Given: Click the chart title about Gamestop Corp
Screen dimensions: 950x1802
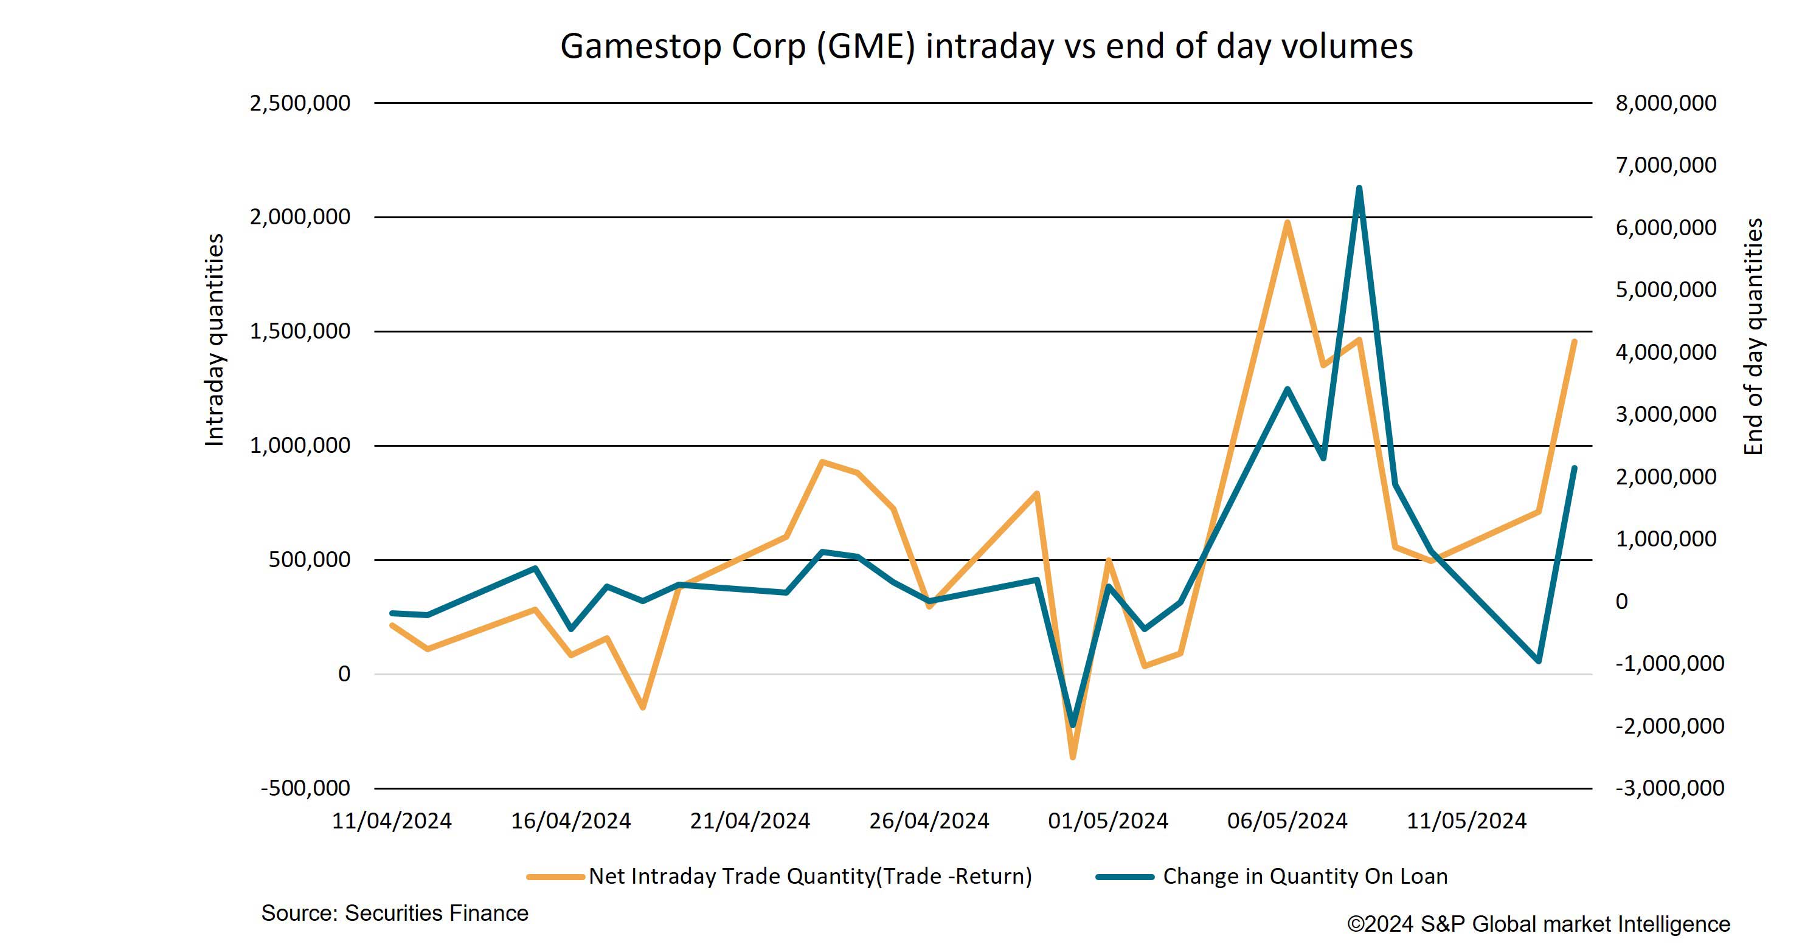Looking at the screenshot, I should (986, 46).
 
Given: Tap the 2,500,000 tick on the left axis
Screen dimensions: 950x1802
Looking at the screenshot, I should (300, 103).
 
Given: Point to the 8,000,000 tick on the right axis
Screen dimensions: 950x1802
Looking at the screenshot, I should (1666, 103).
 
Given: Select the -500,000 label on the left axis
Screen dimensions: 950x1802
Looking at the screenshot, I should (305, 788).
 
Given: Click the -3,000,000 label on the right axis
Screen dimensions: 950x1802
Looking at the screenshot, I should (1669, 788).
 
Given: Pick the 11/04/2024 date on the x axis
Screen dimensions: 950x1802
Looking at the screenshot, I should (392, 821).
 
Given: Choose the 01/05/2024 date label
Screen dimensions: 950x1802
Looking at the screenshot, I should (1108, 821).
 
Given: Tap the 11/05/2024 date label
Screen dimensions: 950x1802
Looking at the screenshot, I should (1466, 821).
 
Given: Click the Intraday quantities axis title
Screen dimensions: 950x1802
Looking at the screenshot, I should (214, 340).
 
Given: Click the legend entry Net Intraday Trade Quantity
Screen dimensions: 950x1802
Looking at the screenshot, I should (809, 876).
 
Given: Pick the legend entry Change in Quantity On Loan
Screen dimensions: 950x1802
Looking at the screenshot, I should (1305, 876).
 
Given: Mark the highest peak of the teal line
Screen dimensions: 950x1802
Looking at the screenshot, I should (1359, 188).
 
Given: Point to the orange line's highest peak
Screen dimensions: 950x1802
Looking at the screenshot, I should (1287, 222).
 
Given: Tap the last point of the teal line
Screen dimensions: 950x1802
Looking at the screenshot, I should (1574, 467).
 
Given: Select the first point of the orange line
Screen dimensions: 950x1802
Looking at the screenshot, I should (392, 625).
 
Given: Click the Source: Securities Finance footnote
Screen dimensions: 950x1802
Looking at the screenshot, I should (395, 914).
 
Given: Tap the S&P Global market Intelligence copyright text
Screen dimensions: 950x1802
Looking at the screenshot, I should (1538, 924).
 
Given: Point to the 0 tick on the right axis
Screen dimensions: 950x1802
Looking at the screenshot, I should (1621, 601).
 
